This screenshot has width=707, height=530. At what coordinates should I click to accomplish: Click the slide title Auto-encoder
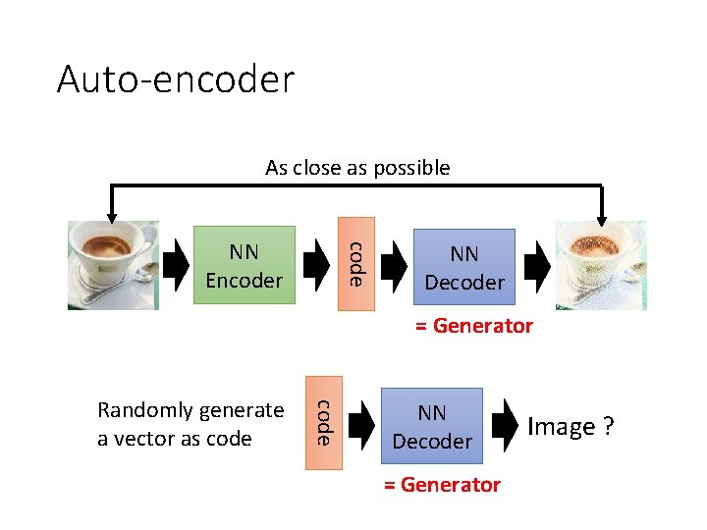point(175,79)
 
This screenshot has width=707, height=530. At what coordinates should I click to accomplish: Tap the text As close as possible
point(357,168)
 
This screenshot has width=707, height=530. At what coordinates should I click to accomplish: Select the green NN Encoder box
point(244,265)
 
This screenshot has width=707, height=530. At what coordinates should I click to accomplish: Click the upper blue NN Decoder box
point(463,267)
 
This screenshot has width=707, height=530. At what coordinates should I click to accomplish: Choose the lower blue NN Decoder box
point(432,427)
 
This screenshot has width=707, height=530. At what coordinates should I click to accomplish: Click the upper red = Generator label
point(473,326)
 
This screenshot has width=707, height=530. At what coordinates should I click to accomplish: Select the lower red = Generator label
point(442,485)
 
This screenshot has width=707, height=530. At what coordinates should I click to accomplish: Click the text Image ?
point(571,427)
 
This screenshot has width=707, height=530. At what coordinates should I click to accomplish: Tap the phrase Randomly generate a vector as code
point(190,424)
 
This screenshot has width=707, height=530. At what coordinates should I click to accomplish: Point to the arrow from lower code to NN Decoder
point(361,425)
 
